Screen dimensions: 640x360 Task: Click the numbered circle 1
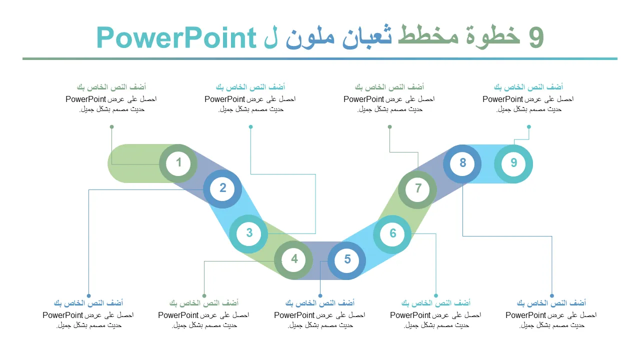(x=178, y=163)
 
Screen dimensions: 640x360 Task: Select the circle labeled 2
(x=222, y=189)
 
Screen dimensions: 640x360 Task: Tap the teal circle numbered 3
(x=248, y=233)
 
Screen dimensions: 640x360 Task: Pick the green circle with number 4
(x=293, y=259)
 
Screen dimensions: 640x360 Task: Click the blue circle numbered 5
(x=346, y=260)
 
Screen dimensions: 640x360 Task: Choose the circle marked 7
(x=417, y=189)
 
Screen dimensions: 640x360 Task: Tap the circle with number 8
(x=462, y=163)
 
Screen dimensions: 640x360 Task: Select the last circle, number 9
(x=513, y=163)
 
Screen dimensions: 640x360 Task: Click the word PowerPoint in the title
(x=176, y=37)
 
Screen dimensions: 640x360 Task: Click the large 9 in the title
(x=536, y=38)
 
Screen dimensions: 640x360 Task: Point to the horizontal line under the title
(x=320, y=59)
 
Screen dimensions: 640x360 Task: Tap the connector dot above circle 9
(x=529, y=126)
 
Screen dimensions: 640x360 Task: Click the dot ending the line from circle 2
(x=89, y=295)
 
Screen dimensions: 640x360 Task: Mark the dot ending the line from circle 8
(x=551, y=295)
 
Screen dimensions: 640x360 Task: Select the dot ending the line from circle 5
(x=320, y=295)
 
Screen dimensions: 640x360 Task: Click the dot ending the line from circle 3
(x=250, y=126)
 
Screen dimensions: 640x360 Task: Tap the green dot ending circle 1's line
(x=111, y=126)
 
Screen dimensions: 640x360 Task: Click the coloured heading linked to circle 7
(x=389, y=87)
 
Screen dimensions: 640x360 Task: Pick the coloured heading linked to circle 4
(x=204, y=303)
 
